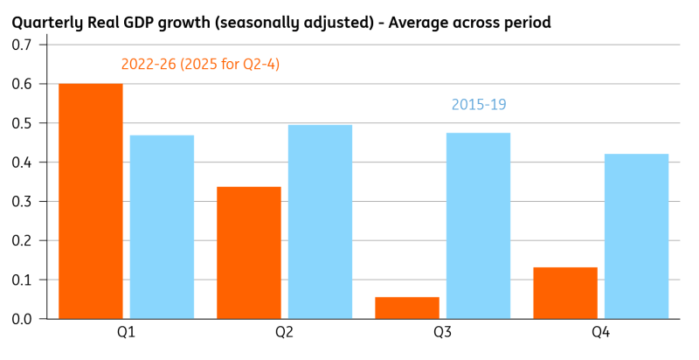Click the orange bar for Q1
[x=91, y=201]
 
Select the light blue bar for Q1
[x=162, y=227]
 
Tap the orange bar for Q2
[x=249, y=253]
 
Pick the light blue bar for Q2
[x=320, y=222]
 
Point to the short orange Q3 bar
[x=407, y=308]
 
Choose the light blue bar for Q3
[x=478, y=226]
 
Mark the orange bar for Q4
[x=565, y=294]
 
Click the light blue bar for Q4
[x=637, y=236]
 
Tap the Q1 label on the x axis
[x=126, y=332]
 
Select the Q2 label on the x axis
[x=285, y=332]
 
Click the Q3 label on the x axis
[x=443, y=332]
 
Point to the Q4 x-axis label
[x=601, y=332]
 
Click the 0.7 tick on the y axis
[x=22, y=45]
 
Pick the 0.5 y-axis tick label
[x=22, y=123]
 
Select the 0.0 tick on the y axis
[x=22, y=319]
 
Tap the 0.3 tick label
[x=22, y=201]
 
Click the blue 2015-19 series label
[x=479, y=104]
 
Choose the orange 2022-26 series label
[x=200, y=65]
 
